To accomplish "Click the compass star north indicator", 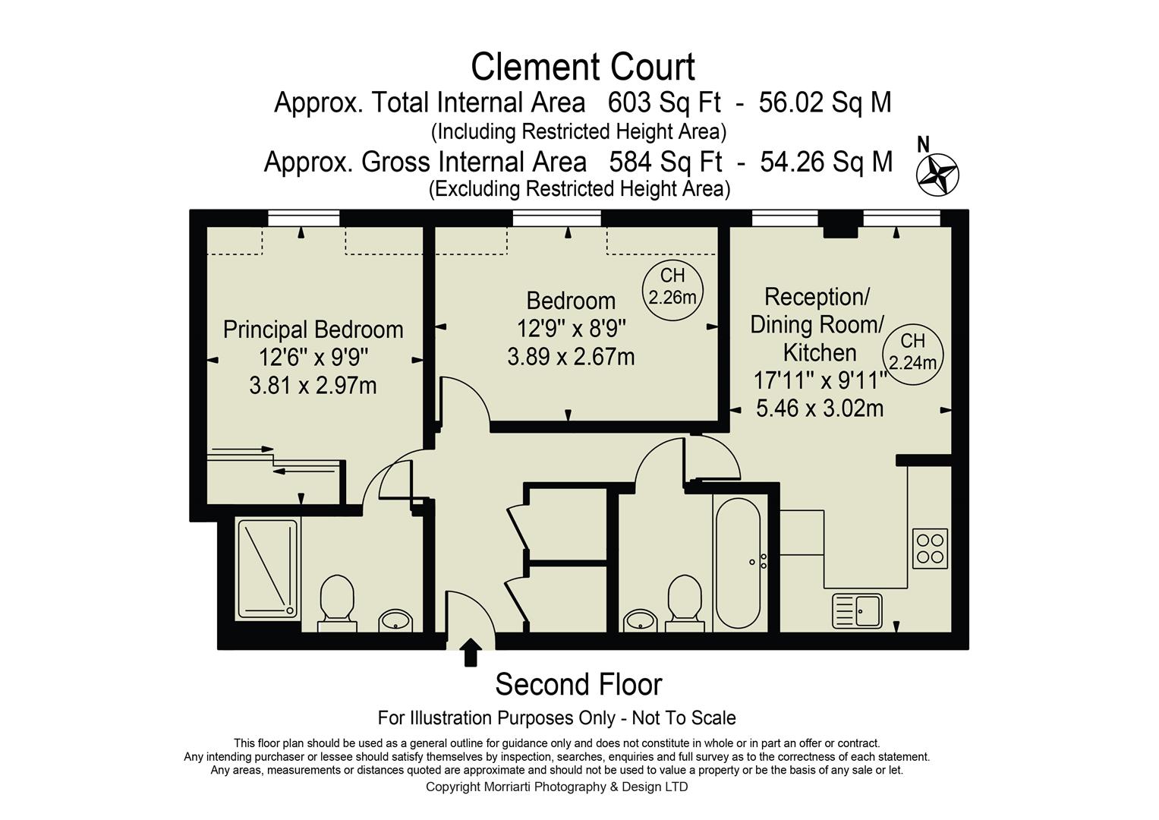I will click(937, 174).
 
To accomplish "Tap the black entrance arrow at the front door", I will click(471, 651).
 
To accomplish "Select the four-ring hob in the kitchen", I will click(930, 548).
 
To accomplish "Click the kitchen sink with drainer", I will click(857, 610).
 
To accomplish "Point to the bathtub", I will click(737, 563).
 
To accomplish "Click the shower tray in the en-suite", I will click(267, 569).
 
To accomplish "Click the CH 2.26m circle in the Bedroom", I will click(672, 286).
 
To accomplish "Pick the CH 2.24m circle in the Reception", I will click(912, 352).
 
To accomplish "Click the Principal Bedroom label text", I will click(313, 330).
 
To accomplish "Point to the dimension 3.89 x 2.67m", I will click(571, 356).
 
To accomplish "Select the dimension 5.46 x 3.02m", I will click(820, 408).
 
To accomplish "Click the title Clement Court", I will click(582, 67).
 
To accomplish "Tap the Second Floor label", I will click(578, 684).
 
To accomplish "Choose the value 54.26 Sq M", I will click(826, 162).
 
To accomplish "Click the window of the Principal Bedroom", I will click(304, 219).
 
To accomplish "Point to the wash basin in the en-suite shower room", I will click(395, 620).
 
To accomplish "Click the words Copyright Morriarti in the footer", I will click(478, 787).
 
